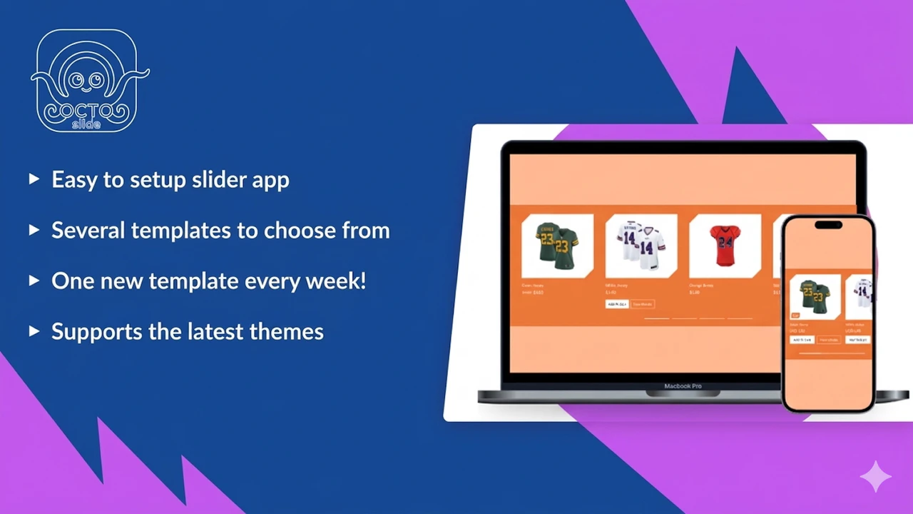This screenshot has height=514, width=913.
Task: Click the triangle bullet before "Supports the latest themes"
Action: tap(34, 331)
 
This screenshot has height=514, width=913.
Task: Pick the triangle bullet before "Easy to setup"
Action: tap(34, 179)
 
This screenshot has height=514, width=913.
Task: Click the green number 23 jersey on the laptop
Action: tap(558, 246)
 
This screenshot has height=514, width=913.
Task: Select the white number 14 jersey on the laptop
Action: tap(641, 246)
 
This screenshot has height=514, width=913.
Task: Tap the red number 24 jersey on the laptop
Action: tap(725, 246)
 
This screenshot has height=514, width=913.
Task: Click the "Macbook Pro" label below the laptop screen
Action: tap(683, 386)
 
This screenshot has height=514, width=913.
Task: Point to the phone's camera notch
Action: tap(827, 226)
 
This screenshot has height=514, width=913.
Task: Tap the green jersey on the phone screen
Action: tap(815, 296)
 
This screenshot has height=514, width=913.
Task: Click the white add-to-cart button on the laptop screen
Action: tap(617, 304)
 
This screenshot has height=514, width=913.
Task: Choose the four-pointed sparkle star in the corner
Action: tap(876, 476)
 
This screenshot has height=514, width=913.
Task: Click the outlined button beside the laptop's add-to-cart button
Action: tap(643, 304)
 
